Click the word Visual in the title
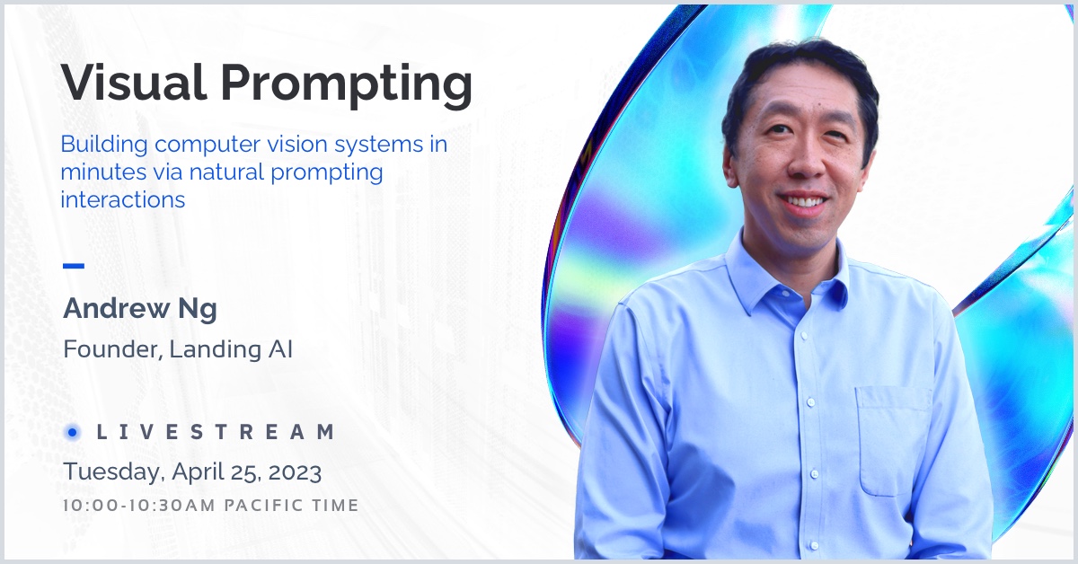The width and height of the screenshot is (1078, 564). pyautogui.click(x=134, y=82)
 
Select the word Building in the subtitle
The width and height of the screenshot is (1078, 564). pyautogui.click(x=104, y=145)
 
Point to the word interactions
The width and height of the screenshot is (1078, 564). pyautogui.click(x=123, y=199)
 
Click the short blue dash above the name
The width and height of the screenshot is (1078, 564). pyautogui.click(x=74, y=266)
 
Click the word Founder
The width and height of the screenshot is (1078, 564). pyautogui.click(x=112, y=349)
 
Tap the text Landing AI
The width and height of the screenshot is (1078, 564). pyautogui.click(x=231, y=350)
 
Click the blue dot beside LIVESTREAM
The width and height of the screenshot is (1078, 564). pyautogui.click(x=72, y=433)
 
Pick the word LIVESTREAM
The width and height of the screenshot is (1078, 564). pyautogui.click(x=216, y=432)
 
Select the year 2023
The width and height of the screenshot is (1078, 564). pyautogui.click(x=295, y=472)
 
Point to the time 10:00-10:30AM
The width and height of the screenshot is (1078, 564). pyautogui.click(x=139, y=506)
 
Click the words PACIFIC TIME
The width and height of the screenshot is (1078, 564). pyautogui.click(x=292, y=506)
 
